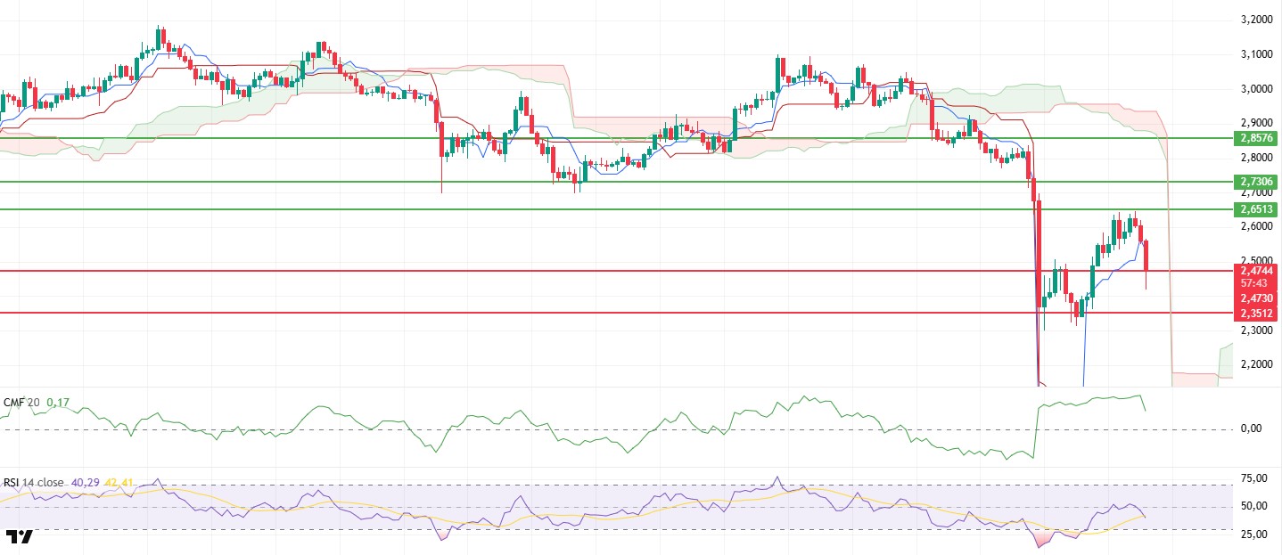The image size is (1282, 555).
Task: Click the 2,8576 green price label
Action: [x=1257, y=138]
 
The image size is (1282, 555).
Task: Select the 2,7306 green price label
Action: [x=1257, y=182]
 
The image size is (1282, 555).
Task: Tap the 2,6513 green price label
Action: [x=1257, y=209]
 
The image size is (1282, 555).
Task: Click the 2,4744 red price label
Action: [x=1257, y=270]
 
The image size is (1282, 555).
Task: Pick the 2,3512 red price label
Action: [x=1257, y=314]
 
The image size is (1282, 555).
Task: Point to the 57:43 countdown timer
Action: [x=1257, y=282]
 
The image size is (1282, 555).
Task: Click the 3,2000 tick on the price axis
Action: [x=1256, y=20]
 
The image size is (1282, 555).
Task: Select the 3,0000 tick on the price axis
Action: [x=1256, y=89]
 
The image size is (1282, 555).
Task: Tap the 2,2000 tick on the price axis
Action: [x=1256, y=364]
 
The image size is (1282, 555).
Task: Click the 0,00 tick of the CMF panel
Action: [x=1255, y=428]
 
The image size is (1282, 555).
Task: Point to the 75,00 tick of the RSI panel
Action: [x=1255, y=478]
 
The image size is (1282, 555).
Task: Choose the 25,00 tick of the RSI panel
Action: [x=1255, y=535]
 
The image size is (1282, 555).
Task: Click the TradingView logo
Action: [x=20, y=536]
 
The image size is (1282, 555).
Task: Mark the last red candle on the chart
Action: [x=1146, y=257]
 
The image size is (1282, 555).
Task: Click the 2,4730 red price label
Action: [x=1257, y=298]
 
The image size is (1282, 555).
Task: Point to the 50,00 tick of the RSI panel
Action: [x=1255, y=506]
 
